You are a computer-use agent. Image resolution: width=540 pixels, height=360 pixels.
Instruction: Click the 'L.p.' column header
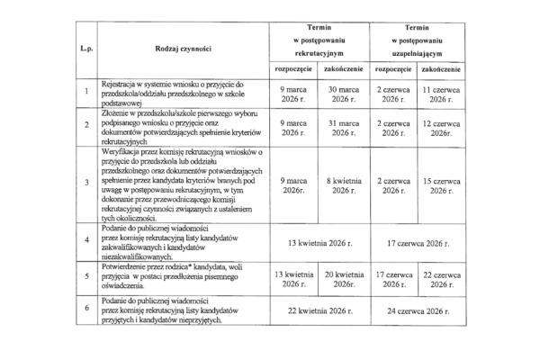85,46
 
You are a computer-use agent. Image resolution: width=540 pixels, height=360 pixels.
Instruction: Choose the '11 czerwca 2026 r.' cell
440,94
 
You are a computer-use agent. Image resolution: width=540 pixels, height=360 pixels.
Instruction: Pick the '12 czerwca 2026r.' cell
440,127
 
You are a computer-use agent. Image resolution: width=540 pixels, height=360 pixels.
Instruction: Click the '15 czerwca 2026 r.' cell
440,185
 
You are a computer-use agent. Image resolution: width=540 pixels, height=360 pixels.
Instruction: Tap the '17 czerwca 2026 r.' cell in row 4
417,243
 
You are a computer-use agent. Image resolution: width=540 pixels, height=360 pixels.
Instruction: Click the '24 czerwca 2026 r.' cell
417,311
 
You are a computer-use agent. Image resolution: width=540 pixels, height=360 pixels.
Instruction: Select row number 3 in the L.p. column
85,185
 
